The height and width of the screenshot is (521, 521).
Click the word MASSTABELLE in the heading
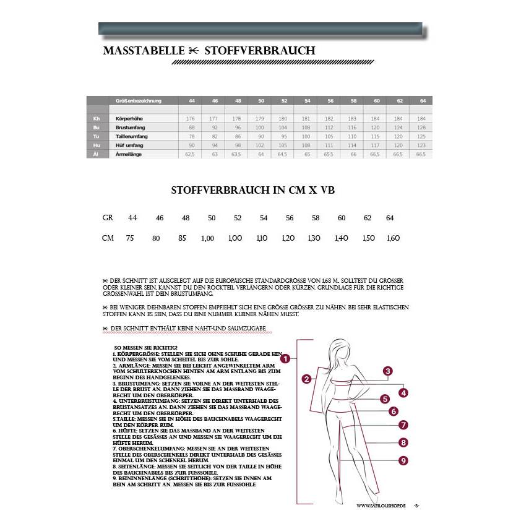[144, 51]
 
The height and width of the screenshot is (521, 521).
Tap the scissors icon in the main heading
[194, 51]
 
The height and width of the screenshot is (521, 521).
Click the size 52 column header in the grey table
[284, 100]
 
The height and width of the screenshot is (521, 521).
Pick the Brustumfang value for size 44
[191, 127]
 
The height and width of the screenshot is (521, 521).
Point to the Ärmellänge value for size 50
[260, 154]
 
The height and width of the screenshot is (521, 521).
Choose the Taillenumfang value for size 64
[421, 136]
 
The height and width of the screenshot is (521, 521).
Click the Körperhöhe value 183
[353, 118]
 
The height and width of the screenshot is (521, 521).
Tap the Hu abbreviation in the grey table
[96, 145]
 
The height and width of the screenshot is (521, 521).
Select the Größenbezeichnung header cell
[139, 100]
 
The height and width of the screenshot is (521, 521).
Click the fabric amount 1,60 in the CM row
[394, 238]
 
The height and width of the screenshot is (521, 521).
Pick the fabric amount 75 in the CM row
[130, 238]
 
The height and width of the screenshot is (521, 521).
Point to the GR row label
[108, 218]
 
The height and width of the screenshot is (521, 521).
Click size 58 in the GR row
[316, 218]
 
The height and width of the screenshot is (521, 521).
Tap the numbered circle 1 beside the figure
[286, 358]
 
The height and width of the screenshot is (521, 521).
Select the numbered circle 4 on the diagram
[403, 393]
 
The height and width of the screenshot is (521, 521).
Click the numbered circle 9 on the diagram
[403, 460]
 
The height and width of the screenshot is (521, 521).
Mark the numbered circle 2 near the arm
[306, 379]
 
